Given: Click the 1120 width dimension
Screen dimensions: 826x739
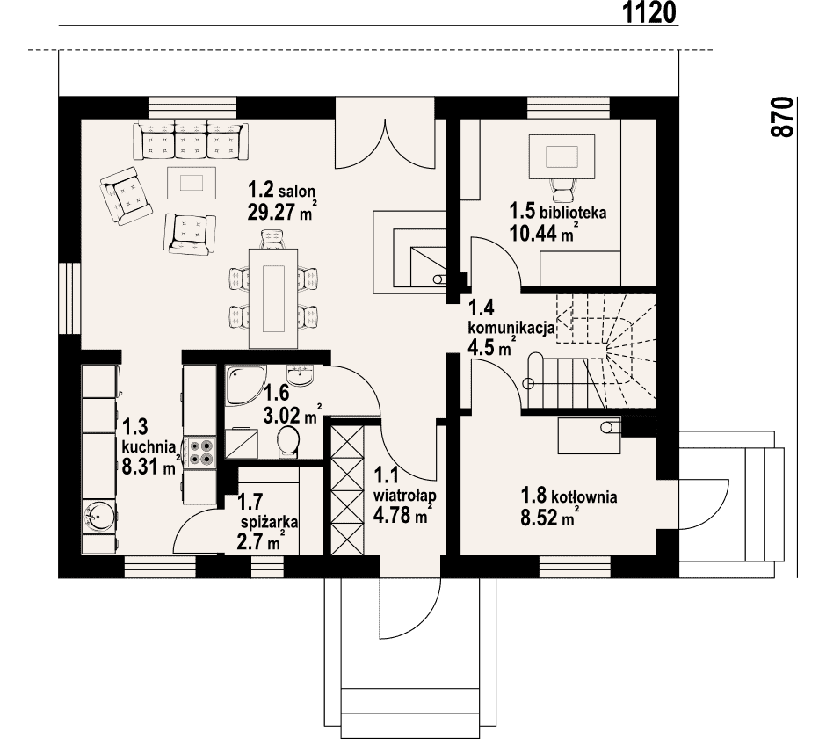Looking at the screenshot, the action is click(649, 12).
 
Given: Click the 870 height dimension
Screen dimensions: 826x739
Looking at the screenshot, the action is click(782, 117).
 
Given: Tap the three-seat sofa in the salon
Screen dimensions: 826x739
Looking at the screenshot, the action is click(191, 140).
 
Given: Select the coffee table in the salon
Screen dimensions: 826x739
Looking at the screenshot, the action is click(192, 183).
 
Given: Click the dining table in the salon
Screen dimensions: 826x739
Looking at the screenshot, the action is click(273, 298).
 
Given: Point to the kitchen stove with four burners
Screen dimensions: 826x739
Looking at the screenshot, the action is click(200, 452).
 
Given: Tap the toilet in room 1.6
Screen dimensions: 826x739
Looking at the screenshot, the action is click(287, 440).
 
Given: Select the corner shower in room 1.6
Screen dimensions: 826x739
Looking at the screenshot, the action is click(244, 386).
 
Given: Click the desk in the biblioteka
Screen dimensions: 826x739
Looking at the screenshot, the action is click(562, 156).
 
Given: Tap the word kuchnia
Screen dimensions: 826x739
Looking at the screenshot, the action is click(149, 446).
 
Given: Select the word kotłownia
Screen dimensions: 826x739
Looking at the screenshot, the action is click(584, 496).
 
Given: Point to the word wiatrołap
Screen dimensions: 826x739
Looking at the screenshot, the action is click(404, 496).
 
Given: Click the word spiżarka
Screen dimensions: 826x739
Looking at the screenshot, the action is click(269, 522).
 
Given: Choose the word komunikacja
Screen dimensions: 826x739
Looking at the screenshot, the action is click(511, 327).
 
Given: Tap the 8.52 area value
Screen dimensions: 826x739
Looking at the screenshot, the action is click(539, 518).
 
